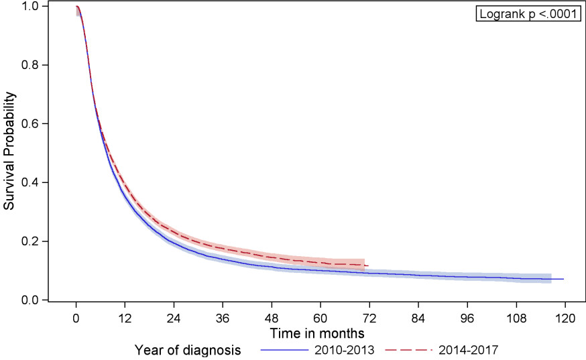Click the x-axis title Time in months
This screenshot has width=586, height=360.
tap(318, 333)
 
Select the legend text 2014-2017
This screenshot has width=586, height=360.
tap(467, 350)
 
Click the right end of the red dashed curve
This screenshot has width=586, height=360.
tap(368, 266)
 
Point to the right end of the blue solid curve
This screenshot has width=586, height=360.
tap(564, 279)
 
